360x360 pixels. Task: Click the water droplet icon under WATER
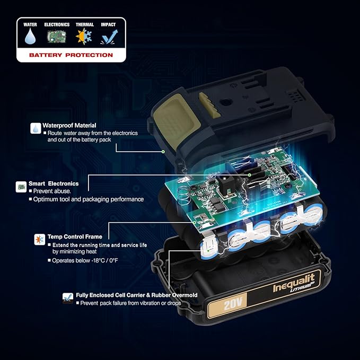[30, 36]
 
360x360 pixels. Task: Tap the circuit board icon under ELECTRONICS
[57, 37]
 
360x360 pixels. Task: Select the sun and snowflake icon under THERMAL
[84, 36]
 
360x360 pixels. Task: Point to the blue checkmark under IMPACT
[109, 37]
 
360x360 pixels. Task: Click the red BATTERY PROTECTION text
[71, 55]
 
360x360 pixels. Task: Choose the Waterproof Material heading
[69, 125]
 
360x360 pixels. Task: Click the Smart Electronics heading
[54, 183]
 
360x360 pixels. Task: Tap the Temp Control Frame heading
[75, 236]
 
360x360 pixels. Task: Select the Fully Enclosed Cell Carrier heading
[137, 295]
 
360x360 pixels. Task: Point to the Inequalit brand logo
[294, 284]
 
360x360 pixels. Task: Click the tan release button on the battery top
[177, 121]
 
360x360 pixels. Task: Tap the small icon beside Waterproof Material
[36, 128]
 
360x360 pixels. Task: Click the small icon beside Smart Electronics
[21, 187]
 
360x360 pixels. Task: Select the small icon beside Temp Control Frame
[40, 240]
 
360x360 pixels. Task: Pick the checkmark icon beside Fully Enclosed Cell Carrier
[68, 298]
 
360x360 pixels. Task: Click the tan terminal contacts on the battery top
[209, 105]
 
